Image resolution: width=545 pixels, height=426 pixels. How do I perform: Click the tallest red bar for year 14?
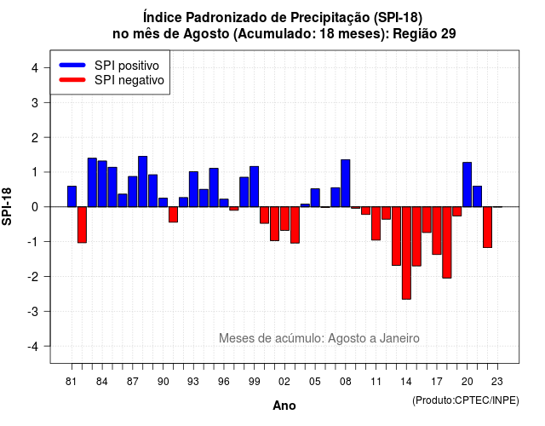(406, 253)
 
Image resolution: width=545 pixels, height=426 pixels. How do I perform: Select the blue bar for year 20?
(468, 185)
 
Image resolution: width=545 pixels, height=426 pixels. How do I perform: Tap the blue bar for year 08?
(346, 183)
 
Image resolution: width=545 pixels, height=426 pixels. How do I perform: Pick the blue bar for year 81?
(72, 197)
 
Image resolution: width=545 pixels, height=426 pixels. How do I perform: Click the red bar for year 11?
(376, 223)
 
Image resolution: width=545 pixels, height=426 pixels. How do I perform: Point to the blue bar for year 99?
(255, 187)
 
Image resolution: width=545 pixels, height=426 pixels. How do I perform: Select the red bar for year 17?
(437, 231)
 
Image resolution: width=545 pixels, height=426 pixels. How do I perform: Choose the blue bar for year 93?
(193, 189)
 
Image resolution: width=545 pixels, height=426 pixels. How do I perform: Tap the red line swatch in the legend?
(72, 80)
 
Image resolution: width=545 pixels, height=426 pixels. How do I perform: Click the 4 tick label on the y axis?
(35, 68)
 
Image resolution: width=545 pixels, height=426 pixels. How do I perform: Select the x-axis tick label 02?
(284, 382)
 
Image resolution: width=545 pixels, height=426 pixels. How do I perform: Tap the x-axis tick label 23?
(497, 382)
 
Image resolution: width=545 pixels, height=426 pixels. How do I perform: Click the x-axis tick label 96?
(224, 382)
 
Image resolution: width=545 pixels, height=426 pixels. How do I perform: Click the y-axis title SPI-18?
(7, 206)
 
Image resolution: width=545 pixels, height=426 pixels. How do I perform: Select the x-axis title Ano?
(284, 406)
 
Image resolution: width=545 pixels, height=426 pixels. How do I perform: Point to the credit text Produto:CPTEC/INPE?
(466, 400)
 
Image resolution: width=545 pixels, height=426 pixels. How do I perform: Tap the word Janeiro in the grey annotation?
(399, 338)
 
